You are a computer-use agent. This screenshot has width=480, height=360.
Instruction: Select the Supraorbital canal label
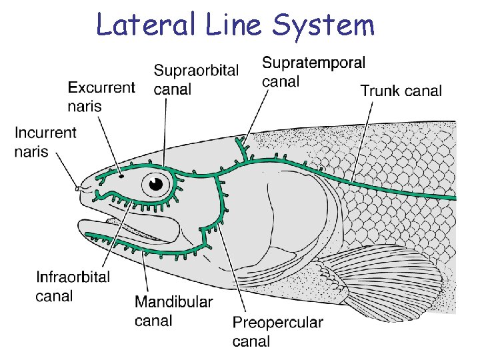pyautogui.click(x=196, y=80)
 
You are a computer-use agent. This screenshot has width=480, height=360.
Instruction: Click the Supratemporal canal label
pyautogui.click(x=313, y=71)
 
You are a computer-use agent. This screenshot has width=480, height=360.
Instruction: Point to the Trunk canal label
pyautogui.click(x=401, y=91)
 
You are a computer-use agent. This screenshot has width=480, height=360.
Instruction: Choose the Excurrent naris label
pyautogui.click(x=101, y=97)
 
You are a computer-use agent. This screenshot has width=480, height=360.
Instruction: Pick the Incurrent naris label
pyautogui.click(x=45, y=142)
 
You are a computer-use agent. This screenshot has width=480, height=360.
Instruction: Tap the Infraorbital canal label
pyautogui.click(x=73, y=286)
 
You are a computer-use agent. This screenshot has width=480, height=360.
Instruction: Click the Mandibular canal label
pyautogui.click(x=174, y=311)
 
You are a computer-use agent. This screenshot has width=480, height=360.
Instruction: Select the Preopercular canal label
pyautogui.click(x=277, y=331)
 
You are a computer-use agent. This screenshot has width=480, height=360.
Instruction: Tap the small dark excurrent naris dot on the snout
pyautogui.click(x=121, y=177)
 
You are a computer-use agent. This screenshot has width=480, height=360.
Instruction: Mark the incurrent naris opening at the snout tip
pyautogui.click(x=78, y=189)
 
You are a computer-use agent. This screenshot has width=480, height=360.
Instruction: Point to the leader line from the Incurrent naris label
pyautogui.click(x=67, y=171)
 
